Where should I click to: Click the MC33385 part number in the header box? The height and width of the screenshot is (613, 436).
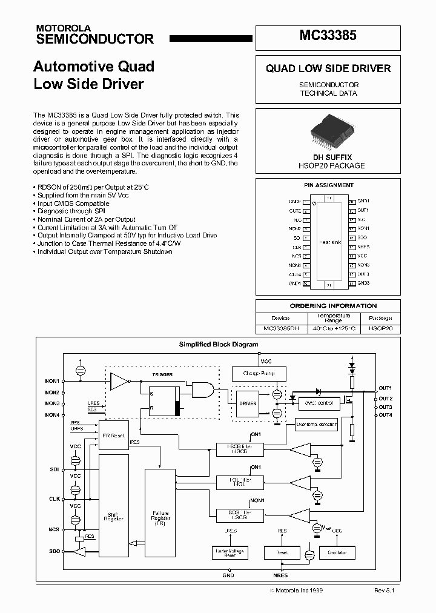pyautogui.click(x=328, y=36)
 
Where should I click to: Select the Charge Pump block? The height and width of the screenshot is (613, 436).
pyautogui.click(x=259, y=374)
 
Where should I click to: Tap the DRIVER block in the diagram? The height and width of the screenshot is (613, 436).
pyautogui.click(x=248, y=403)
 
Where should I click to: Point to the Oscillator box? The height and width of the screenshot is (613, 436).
pyautogui.click(x=337, y=552)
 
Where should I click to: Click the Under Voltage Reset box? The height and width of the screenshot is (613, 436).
pyautogui.click(x=231, y=552)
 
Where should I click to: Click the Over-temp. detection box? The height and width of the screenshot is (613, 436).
pyautogui.click(x=317, y=425)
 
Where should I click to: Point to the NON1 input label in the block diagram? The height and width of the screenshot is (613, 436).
pyautogui.click(x=52, y=381)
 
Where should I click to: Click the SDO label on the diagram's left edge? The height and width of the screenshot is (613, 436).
pyautogui.click(x=53, y=552)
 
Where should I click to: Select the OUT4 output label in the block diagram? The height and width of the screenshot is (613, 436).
pyautogui.click(x=385, y=415)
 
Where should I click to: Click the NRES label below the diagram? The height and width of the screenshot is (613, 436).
pyautogui.click(x=281, y=575)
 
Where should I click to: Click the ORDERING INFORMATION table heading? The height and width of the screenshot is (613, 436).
pyautogui.click(x=328, y=306)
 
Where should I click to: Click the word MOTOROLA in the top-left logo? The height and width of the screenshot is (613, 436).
pyautogui.click(x=63, y=28)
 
